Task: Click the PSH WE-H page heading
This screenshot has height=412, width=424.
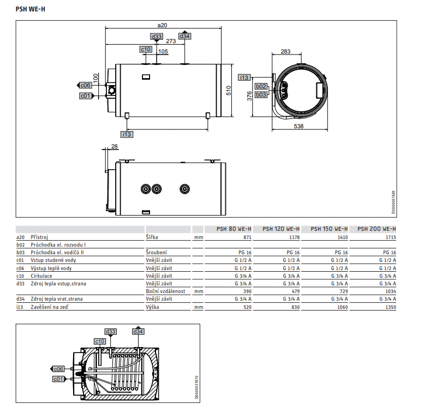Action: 31,9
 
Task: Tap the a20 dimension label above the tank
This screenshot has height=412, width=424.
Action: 162,25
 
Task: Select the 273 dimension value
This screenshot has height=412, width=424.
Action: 171,41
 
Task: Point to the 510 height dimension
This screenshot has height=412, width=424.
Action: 229,91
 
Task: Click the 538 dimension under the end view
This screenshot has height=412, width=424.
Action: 299,126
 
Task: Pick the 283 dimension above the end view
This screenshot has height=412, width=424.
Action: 285,51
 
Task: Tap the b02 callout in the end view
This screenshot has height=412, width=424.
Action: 261,86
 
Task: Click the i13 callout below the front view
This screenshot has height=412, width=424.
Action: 127,134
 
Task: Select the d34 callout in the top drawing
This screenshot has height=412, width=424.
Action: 184,36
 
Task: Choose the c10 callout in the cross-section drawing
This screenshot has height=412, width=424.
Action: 100,342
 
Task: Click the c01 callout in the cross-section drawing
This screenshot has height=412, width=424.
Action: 58,379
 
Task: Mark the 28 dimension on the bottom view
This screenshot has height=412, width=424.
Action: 115,146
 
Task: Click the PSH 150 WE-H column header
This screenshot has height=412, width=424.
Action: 329,229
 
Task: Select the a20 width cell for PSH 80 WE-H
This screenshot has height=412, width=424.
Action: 247,237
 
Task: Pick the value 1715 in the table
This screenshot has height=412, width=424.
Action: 391,237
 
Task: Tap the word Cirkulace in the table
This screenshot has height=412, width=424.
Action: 41,276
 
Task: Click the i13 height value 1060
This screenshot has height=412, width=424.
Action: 342,307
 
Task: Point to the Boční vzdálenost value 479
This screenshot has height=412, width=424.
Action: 296,291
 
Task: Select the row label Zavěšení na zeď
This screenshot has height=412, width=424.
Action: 50,307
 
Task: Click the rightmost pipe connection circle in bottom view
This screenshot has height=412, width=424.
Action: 184,189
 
